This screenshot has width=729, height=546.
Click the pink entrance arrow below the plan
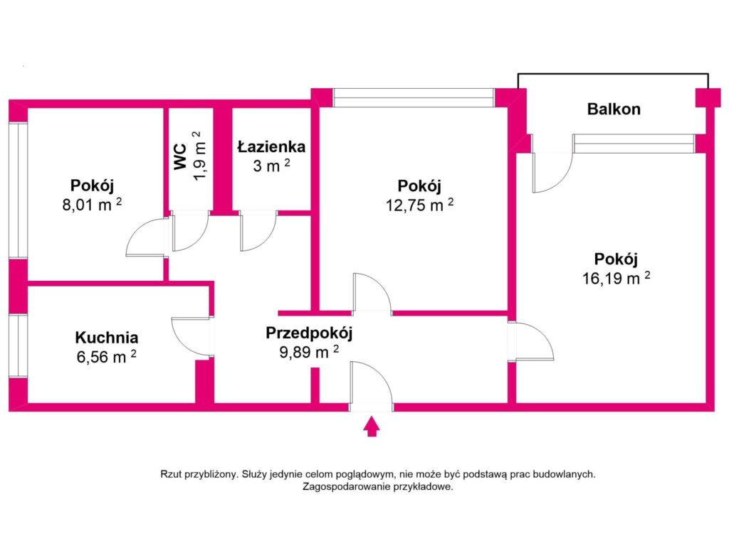pyautogui.click(x=370, y=427)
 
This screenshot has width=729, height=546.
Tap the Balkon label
pyautogui.click(x=613, y=109)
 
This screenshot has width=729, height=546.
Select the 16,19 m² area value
pyautogui.click(x=616, y=277)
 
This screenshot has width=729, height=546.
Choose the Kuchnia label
pyautogui.click(x=107, y=338)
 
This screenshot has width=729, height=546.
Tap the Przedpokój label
pyautogui.click(x=309, y=333)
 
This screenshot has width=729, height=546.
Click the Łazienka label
pyautogui.click(x=271, y=147)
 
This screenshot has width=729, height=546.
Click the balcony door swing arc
pyautogui.click(x=553, y=174)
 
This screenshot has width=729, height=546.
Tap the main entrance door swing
pyautogui.click(x=371, y=384)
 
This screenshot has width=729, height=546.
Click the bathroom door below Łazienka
pyautogui.click(x=258, y=231)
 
